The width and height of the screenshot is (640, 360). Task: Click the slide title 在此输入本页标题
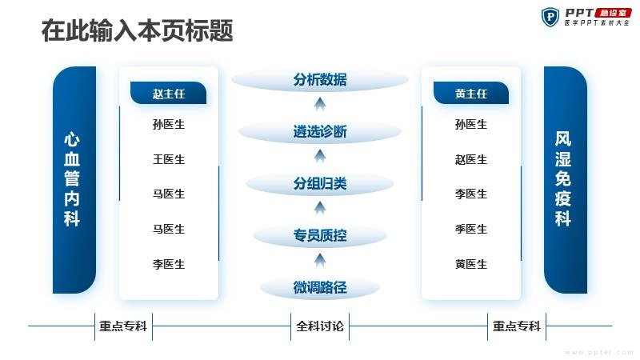[137, 30]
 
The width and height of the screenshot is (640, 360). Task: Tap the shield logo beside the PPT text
[550, 17]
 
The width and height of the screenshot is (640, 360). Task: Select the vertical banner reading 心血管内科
[74, 179]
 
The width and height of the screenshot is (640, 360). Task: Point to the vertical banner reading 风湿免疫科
[566, 179]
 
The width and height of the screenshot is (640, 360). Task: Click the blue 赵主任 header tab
[168, 93]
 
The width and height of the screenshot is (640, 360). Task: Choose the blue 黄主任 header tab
[471, 93]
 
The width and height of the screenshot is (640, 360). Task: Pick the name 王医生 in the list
[169, 159]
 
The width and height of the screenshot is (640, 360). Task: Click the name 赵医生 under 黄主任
[471, 159]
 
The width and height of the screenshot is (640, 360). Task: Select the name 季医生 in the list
[471, 229]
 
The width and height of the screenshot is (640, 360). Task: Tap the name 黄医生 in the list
[471, 264]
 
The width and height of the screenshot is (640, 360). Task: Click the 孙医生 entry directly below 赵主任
[169, 124]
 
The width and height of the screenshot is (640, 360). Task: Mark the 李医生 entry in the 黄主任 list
[471, 194]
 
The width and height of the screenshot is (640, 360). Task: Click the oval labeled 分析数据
[320, 79]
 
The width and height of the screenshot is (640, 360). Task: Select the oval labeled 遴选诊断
[320, 131]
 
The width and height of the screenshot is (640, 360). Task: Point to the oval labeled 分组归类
[320, 183]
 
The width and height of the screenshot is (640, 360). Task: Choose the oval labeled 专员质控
[320, 235]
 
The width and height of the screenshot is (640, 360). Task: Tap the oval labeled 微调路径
[320, 287]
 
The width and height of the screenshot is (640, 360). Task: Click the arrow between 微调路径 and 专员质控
[320, 261]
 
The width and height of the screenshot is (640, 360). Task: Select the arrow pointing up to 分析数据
[320, 105]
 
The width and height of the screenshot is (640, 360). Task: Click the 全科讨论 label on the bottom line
[320, 326]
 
